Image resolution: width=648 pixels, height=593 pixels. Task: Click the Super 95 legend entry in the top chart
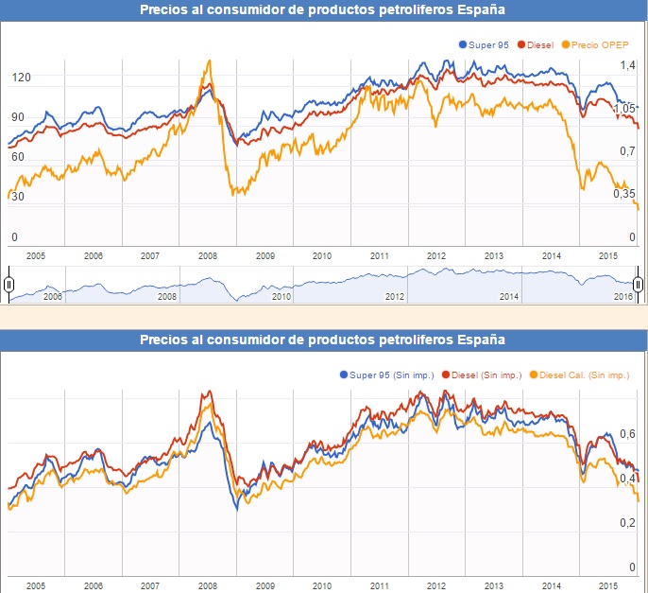pos(488,44)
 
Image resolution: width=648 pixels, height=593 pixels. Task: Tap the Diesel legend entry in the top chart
pos(536,44)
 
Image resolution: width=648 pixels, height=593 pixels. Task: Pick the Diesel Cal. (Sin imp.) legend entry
pos(582,375)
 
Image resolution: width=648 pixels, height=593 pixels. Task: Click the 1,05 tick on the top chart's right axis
pos(624,109)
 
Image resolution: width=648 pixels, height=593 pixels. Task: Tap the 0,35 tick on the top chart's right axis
pos(624,193)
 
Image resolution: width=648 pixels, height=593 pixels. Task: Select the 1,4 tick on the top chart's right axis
pos(627,64)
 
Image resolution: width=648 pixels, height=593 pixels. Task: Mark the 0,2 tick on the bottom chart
pos(626,523)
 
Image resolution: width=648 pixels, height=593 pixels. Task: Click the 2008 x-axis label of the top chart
pos(207,255)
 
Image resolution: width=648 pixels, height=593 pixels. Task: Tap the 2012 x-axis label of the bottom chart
pos(436,586)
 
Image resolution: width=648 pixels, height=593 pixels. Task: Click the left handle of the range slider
pos(9,284)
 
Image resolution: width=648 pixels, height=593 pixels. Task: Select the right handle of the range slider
pos(639,284)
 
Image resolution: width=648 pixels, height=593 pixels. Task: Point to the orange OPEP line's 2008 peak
pos(209,61)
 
